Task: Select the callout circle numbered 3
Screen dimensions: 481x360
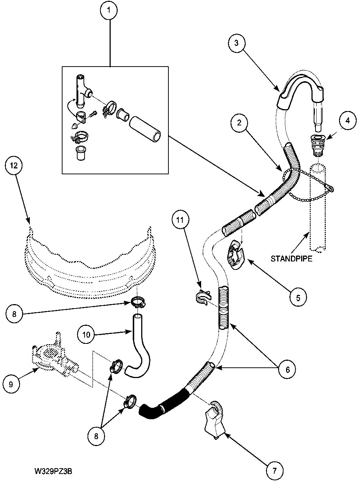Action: tap(236, 43)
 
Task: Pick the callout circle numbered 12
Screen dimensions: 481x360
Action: tap(14, 165)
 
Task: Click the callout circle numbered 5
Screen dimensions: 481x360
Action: tap(298, 297)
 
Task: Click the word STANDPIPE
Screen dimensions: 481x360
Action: tap(291, 259)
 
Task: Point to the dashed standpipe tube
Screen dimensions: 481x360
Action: tap(317, 213)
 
